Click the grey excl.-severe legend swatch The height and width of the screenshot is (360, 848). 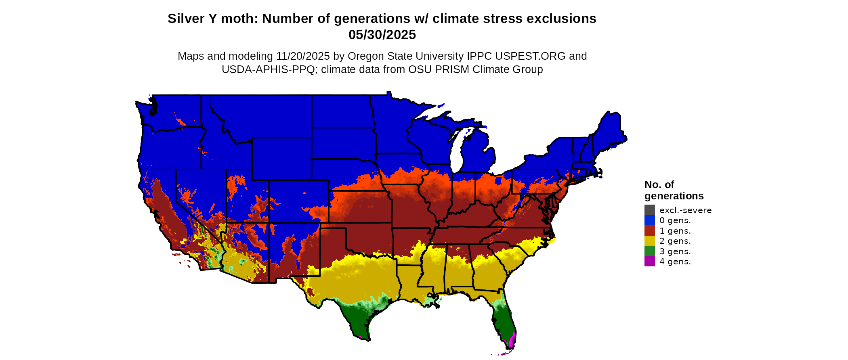(649, 210)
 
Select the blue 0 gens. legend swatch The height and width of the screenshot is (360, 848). (649, 220)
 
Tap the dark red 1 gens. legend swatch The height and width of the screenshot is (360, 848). (649, 230)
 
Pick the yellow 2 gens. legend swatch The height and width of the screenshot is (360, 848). (649, 241)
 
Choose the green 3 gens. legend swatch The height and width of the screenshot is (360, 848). (649, 251)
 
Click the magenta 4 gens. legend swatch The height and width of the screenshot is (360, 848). (649, 262)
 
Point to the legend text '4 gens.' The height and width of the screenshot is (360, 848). (675, 262)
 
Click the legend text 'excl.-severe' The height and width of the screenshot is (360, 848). (685, 210)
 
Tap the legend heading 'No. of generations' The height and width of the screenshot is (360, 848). (674, 190)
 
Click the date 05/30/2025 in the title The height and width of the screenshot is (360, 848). (382, 35)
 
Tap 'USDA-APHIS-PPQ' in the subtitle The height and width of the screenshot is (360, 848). (268, 69)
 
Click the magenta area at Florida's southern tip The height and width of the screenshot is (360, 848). (511, 341)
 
